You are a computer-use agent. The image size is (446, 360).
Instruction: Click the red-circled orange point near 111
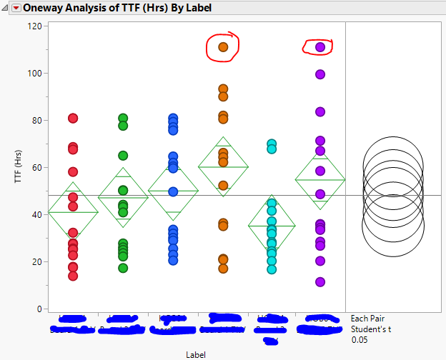click(223, 47)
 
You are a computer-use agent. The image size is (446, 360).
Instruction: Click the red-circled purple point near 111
click(320, 47)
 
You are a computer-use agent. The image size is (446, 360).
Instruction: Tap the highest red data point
click(73, 118)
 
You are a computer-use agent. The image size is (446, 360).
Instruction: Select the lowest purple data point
click(320, 282)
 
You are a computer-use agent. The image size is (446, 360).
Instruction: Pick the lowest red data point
click(73, 276)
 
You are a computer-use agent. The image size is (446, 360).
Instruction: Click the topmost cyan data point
click(272, 144)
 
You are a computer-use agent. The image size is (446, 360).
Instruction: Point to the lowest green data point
click(123, 268)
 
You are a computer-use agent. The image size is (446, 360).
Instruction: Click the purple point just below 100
click(320, 74)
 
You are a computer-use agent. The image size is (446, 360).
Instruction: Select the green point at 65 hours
click(123, 155)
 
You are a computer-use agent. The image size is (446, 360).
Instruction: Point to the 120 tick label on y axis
click(33, 26)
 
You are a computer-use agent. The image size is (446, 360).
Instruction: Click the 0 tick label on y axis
click(36, 309)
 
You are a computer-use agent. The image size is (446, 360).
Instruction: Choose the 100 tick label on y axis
click(33, 73)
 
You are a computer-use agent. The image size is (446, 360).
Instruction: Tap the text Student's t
click(371, 330)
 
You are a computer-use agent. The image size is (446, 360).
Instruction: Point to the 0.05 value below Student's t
click(360, 341)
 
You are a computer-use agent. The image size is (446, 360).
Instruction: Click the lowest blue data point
click(173, 260)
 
